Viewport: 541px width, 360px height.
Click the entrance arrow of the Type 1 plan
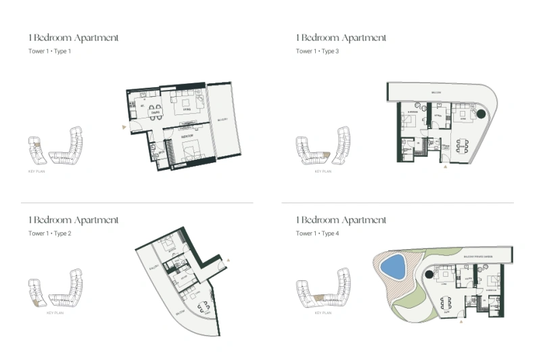(x=123, y=127)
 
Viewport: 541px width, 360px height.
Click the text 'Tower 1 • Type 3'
(x=317, y=51)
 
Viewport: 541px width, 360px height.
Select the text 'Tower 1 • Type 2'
(x=50, y=233)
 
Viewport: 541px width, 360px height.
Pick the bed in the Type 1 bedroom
(x=188, y=150)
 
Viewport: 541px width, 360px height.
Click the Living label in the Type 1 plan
(x=183, y=108)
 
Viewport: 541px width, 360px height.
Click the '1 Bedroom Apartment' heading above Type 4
(x=342, y=220)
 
